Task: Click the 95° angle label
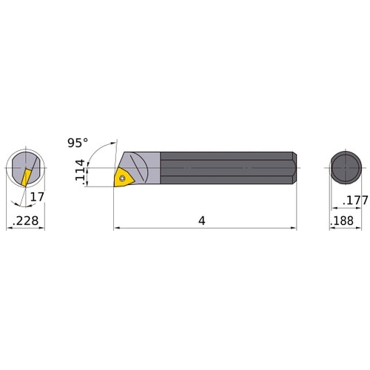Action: pyautogui.click(x=77, y=141)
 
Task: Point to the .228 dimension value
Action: pyautogui.click(x=25, y=220)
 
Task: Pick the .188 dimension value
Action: pyautogui.click(x=341, y=220)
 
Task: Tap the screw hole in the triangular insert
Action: pyautogui.click(x=124, y=176)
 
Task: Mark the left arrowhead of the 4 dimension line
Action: pyautogui.click(x=116, y=229)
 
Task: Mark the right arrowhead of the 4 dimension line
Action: pyautogui.click(x=294, y=229)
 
